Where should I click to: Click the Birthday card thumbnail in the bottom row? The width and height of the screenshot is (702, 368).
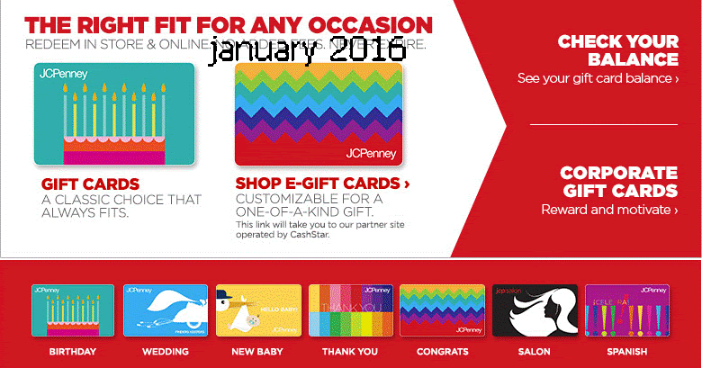73,310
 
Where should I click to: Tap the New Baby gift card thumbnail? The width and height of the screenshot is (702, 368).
257,310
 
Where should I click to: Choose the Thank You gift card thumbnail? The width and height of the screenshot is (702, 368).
350,310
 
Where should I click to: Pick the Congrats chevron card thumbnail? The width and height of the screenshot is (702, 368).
442,310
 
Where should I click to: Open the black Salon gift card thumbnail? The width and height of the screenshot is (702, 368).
535,310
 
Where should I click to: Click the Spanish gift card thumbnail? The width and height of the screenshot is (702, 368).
626,310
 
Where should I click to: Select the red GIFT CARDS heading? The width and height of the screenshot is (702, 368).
90,184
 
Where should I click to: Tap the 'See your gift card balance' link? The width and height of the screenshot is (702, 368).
598,78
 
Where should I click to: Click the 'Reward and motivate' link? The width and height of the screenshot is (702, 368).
609,210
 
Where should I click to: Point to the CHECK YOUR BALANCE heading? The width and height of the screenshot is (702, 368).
618,50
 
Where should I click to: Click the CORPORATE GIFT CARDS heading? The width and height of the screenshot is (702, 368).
618,182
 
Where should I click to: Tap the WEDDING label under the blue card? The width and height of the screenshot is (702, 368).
166,351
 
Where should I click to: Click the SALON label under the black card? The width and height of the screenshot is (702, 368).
535,351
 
